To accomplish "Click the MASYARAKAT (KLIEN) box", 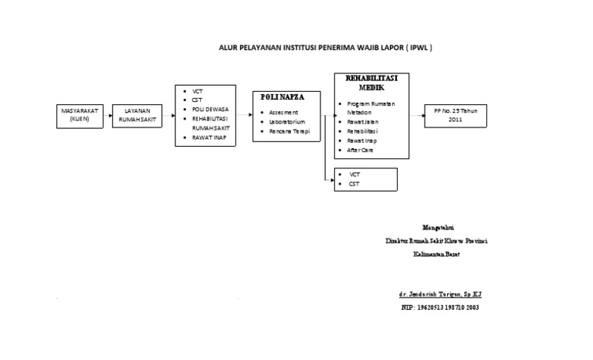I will [79, 115].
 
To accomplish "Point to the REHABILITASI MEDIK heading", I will [365, 83].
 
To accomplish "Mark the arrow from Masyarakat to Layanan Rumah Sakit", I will [107, 116].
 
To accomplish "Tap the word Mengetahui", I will [438, 227].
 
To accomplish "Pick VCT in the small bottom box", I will [354, 175].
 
